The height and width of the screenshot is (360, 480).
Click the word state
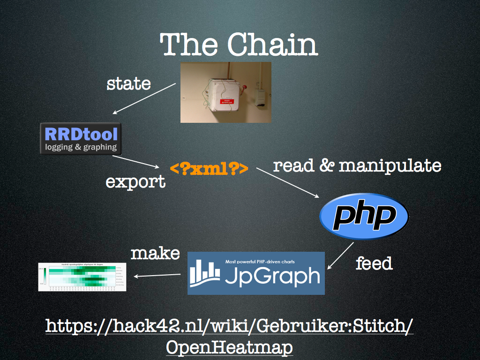pos(128,84)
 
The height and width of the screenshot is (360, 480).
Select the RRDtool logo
pos(81,139)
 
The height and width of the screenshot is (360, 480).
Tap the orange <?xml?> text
pos(209,169)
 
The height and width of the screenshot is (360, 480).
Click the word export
pos(135,181)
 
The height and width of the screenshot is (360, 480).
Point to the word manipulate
pos(390,165)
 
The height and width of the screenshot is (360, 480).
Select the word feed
pos(374,263)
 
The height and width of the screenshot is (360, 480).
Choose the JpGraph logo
pos(256,273)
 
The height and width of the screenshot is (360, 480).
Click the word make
pos(155,254)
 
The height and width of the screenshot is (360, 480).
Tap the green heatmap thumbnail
pos(83,277)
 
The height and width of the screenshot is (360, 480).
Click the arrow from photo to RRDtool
pos(144,99)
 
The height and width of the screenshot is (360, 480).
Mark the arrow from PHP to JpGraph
pos(341,255)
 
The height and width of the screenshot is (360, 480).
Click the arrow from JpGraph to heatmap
pos(157,275)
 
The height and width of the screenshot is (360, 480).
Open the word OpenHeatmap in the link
pos(229,347)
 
